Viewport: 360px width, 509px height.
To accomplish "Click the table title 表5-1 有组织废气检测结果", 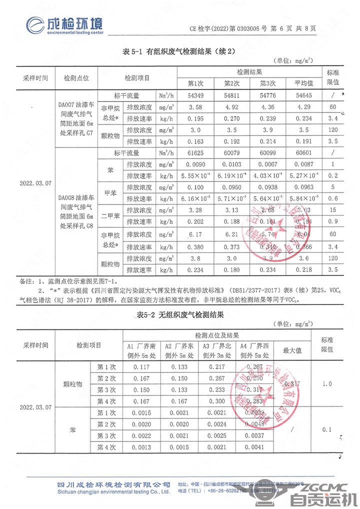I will (x=179, y=51).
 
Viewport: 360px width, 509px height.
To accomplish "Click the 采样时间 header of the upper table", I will (x=36, y=78).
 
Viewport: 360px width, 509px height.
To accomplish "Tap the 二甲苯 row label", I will (x=110, y=216).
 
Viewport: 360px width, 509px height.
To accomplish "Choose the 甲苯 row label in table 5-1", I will (x=110, y=193).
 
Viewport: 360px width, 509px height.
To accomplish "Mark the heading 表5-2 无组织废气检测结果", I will (x=179, y=315).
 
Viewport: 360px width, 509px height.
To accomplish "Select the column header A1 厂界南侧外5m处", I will (x=141, y=350).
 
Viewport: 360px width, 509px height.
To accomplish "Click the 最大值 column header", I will (x=292, y=350).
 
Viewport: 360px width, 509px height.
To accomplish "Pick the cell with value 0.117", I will (x=141, y=367).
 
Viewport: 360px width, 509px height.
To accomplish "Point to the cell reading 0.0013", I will (x=141, y=447).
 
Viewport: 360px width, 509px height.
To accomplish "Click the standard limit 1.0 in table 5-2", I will (x=327, y=384).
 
